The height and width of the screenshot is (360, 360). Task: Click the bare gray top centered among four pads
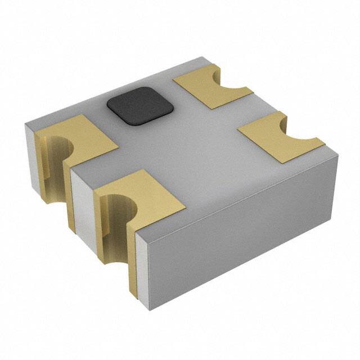click(x=186, y=146)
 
